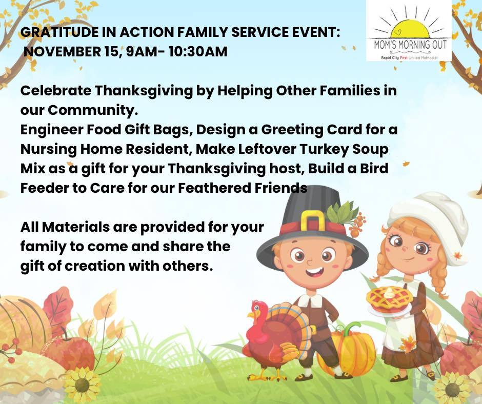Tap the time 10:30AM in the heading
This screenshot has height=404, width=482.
click(x=198, y=51)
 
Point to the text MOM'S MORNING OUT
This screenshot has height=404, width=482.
click(x=410, y=45)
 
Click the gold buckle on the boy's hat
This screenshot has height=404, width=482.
click(x=312, y=221)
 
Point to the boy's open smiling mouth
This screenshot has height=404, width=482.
click(x=315, y=272)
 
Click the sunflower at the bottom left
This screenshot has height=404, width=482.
click(x=82, y=385)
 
